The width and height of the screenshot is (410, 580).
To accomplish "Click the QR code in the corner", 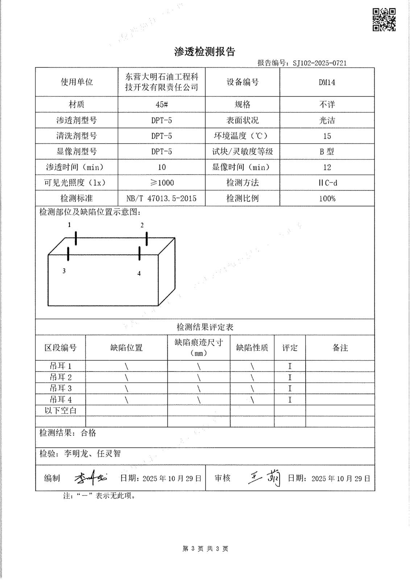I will (384, 20).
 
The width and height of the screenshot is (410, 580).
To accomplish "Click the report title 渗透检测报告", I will (205, 52).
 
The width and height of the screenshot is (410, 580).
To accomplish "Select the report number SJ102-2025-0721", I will (319, 63).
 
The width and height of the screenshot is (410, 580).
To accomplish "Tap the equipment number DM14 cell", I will (327, 82).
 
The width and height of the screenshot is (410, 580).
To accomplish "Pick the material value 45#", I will (161, 104).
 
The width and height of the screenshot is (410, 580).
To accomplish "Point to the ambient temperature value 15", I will (327, 136).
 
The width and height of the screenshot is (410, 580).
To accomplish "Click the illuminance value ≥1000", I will (162, 183).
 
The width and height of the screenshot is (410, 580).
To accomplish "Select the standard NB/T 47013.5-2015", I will (161, 198).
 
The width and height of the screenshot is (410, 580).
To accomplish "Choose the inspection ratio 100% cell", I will (327, 198).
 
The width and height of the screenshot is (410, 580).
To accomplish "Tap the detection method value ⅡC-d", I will (327, 183).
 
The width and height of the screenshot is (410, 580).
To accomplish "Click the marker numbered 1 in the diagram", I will (70, 225).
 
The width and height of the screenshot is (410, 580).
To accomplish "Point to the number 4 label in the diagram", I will (139, 274).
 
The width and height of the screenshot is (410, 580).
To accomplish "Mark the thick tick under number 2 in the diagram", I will (146, 239).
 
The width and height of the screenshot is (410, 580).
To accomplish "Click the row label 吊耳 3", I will (61, 388).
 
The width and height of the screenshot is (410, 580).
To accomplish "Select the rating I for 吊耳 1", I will (290, 366).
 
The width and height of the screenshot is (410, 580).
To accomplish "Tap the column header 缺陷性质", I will (252, 348).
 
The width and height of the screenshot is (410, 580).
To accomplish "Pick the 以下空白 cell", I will (61, 410).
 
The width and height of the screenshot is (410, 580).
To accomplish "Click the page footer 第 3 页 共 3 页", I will (205, 548).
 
